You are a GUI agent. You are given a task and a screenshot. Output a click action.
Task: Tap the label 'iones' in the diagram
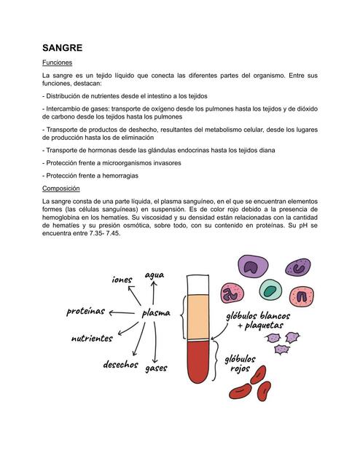pos(122,280)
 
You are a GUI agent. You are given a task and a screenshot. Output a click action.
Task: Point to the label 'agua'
pos(154,275)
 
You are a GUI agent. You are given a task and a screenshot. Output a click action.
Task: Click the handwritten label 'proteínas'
pos(86,312)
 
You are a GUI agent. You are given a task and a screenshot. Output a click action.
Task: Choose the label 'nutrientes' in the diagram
pos(92,339)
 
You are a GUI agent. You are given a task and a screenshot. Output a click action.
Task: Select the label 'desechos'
pos(120,364)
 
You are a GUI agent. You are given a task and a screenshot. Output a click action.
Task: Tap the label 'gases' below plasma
pos(156,368)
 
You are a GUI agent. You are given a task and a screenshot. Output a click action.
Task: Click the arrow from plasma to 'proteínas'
pos(125,312)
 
